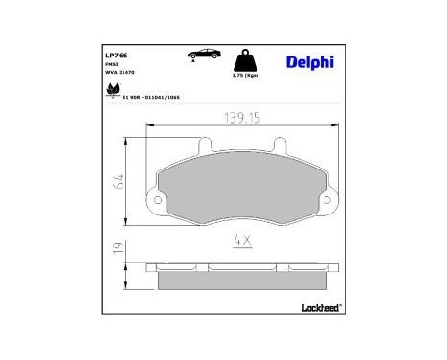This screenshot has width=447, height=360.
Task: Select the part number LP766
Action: (118, 56)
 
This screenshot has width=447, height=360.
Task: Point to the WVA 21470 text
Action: (121, 74)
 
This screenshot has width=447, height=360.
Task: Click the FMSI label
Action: (111, 65)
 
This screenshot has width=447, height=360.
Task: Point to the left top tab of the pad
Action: (204, 146)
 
